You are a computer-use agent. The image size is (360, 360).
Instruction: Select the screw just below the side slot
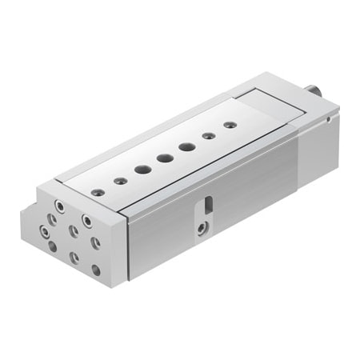point(200,229)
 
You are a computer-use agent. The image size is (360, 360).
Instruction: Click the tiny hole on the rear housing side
point(329,120)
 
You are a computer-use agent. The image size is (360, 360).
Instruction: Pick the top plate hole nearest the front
point(98,192)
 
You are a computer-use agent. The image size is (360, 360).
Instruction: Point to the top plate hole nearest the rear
point(230,125)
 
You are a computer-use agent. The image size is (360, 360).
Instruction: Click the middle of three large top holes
point(164,158)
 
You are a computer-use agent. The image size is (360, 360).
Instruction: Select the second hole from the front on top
point(119,181)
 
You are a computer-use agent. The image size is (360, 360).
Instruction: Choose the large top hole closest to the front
point(142,170)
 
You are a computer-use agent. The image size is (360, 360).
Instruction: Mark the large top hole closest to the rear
point(186,146)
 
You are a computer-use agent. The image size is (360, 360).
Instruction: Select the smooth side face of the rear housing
point(316,148)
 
